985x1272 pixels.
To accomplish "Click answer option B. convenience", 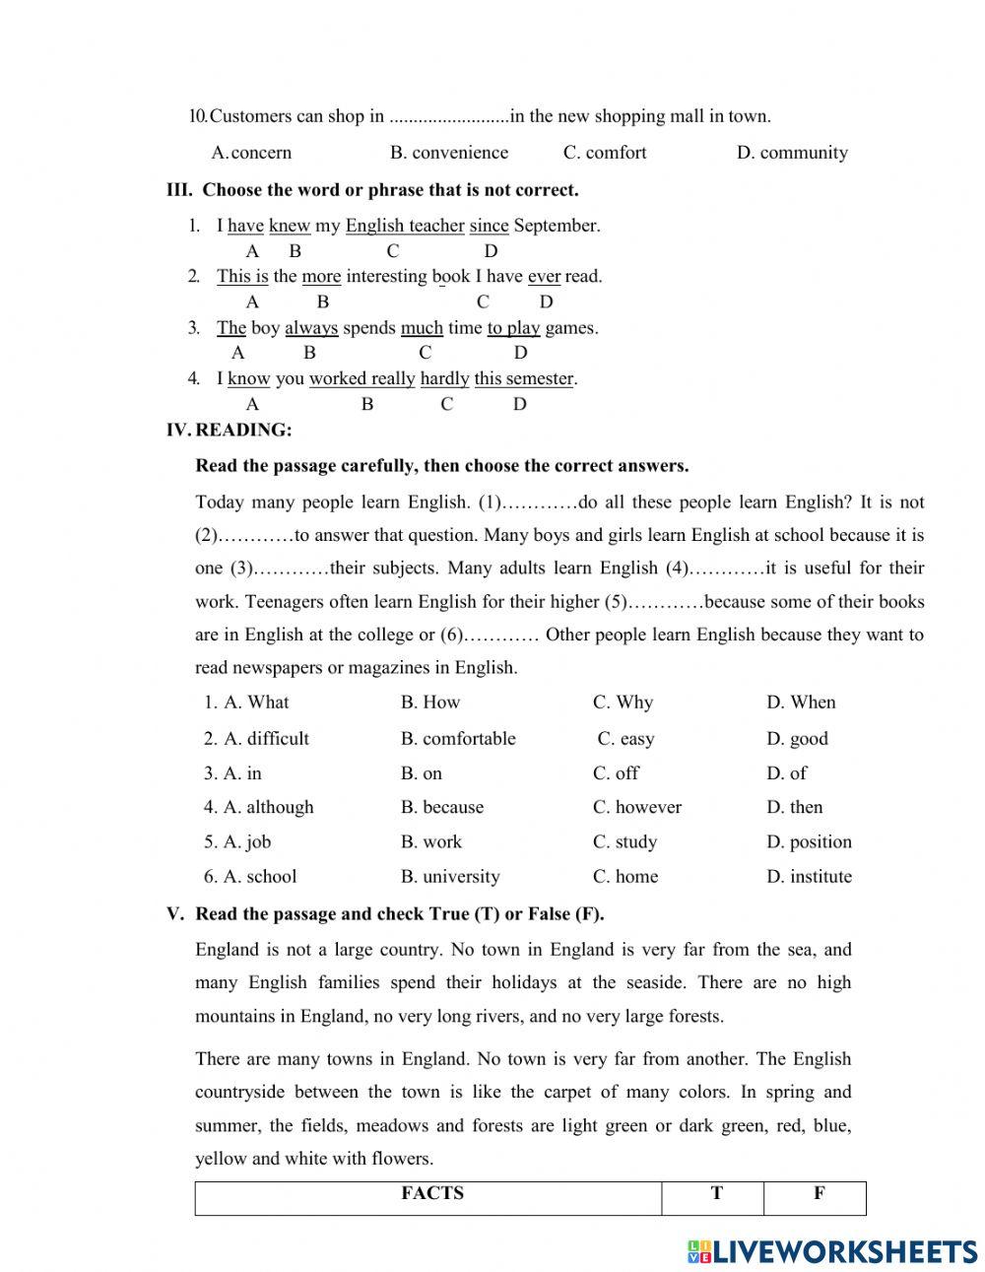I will click(x=449, y=153).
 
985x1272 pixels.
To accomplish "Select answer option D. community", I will click(x=792, y=153).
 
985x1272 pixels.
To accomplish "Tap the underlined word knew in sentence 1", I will click(x=290, y=226).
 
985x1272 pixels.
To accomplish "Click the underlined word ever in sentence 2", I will click(x=544, y=277).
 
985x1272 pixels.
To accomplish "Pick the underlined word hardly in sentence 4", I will click(x=444, y=379).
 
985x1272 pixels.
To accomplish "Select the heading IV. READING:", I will click(x=230, y=430).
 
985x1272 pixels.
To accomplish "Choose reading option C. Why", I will click(x=623, y=703).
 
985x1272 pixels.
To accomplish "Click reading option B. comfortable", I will click(x=458, y=739).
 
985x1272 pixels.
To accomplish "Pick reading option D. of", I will click(x=786, y=773).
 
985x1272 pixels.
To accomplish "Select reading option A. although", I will click(x=259, y=807).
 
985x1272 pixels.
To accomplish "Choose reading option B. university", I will click(x=450, y=877).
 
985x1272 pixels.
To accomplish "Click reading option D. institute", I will click(x=809, y=877).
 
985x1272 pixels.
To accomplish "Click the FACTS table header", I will click(x=431, y=1194).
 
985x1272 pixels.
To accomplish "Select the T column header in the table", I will click(x=716, y=1194).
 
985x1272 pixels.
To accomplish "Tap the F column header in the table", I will click(x=819, y=1194).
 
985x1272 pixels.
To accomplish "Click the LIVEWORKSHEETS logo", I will click(x=832, y=1251).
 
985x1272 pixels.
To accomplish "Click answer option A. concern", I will click(x=252, y=153).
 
